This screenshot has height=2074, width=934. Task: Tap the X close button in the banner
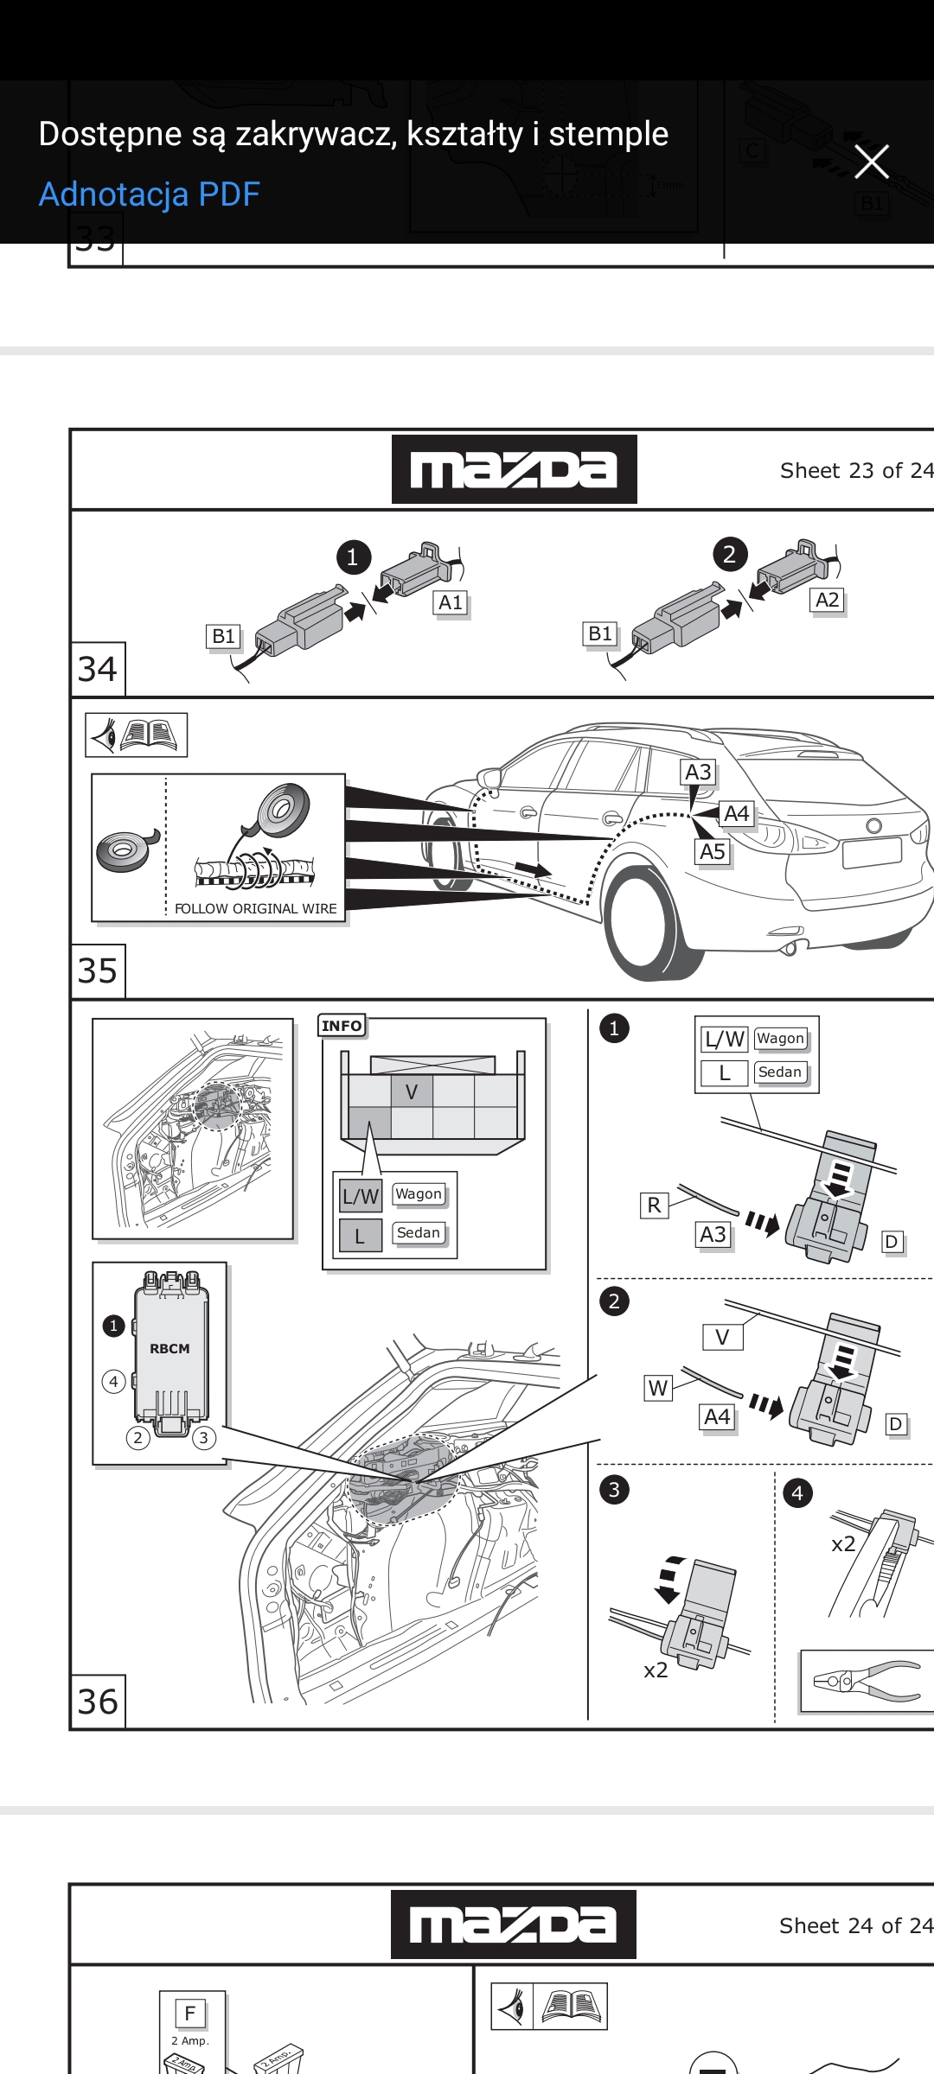(x=871, y=162)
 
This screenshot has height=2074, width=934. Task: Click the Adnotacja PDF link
(x=150, y=194)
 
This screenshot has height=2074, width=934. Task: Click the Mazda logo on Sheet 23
(x=515, y=469)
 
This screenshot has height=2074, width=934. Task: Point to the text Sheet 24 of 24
(x=855, y=1926)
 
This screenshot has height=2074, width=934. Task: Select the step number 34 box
(x=98, y=670)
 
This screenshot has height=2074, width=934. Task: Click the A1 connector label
(x=451, y=602)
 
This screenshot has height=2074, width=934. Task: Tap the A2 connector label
(x=828, y=600)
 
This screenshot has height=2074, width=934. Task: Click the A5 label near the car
(x=713, y=852)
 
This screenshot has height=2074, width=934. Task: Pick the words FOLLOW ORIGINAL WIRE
(x=256, y=909)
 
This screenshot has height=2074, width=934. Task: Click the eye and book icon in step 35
(x=137, y=735)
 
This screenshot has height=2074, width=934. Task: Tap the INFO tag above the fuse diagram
(x=342, y=1026)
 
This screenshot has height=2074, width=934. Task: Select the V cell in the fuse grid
(x=412, y=1092)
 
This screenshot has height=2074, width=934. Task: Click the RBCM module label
(x=170, y=1349)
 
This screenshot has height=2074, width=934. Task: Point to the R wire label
(x=654, y=1206)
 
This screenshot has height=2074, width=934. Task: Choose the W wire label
(x=658, y=1389)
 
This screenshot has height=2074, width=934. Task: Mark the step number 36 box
(x=98, y=1702)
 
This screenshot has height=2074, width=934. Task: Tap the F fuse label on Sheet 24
(x=190, y=2014)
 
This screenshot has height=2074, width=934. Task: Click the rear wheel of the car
(x=644, y=925)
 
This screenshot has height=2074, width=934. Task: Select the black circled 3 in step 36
(x=614, y=1490)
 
